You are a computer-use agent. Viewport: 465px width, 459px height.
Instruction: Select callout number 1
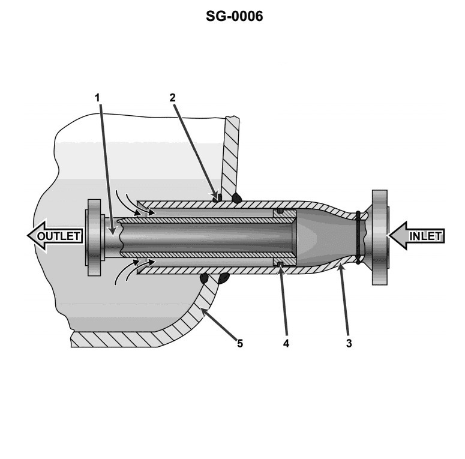(x=99, y=96)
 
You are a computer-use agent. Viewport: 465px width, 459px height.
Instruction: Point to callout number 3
(x=349, y=344)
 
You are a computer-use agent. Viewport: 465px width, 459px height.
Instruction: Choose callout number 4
(x=286, y=344)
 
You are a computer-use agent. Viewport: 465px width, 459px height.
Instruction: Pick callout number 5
(x=239, y=344)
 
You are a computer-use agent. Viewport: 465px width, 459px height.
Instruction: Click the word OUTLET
(x=59, y=236)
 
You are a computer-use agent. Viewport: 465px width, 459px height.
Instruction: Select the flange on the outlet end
(x=95, y=236)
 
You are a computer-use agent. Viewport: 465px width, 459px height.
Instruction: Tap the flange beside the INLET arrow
(x=380, y=236)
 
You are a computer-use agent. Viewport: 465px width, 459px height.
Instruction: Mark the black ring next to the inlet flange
(x=358, y=236)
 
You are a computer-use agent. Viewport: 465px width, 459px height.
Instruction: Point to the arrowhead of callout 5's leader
(x=205, y=310)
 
